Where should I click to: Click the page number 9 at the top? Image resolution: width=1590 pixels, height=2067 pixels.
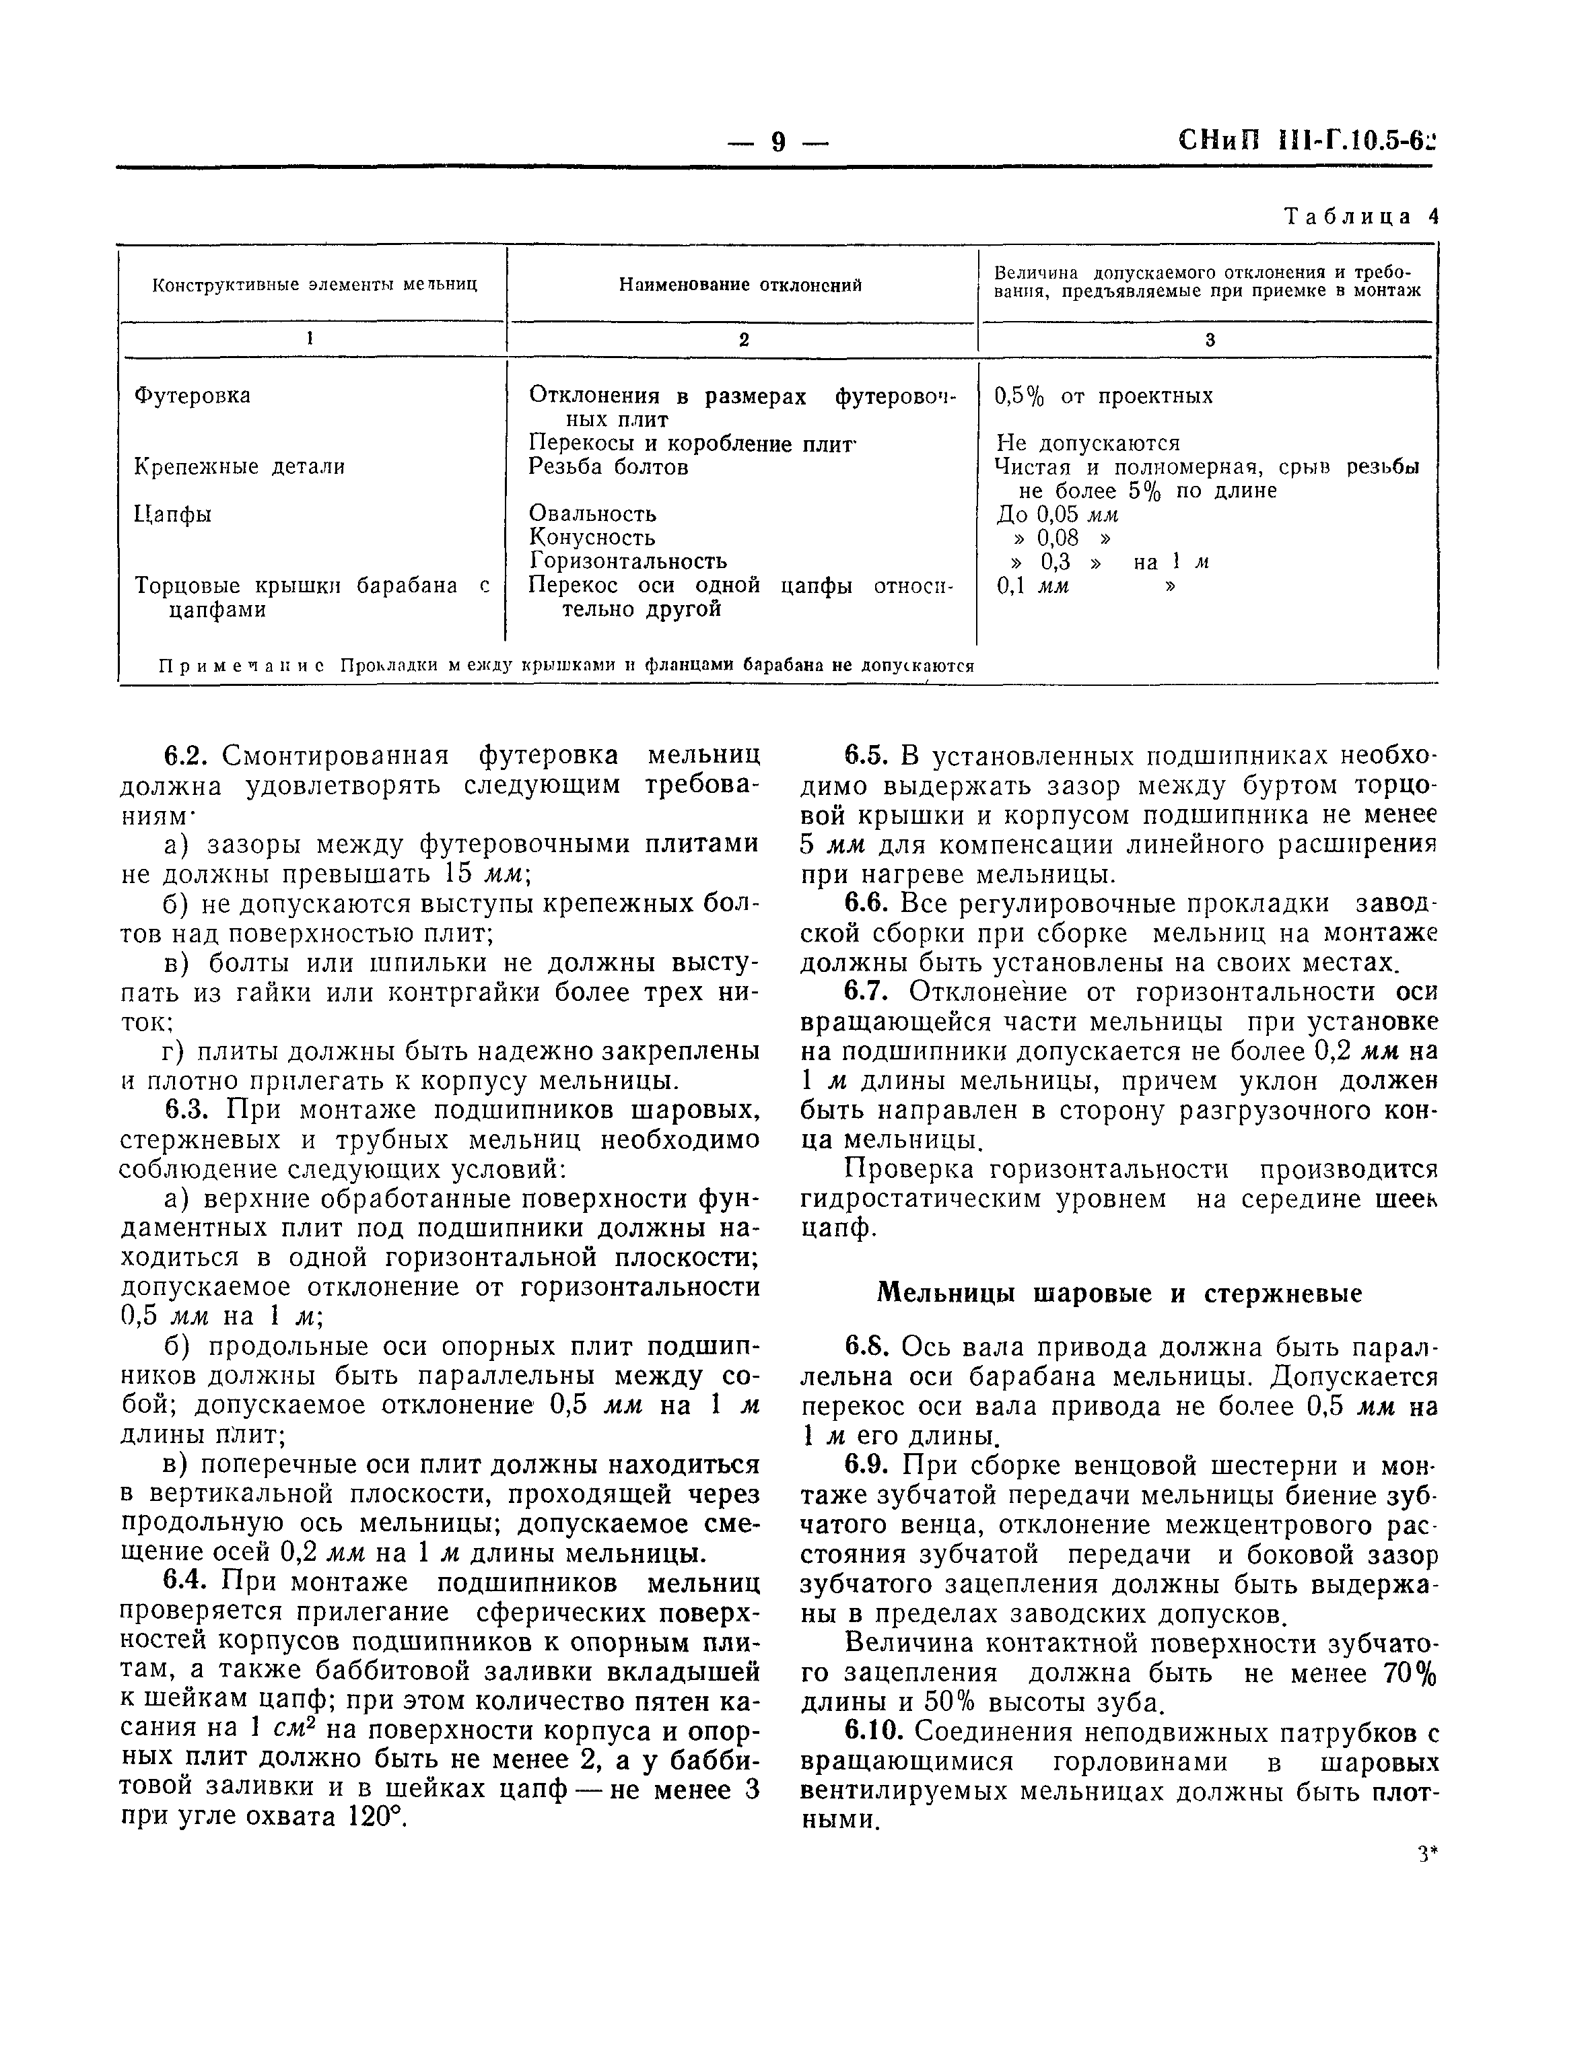coord(778,142)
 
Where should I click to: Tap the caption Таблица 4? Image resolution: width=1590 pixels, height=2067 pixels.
coord(1360,217)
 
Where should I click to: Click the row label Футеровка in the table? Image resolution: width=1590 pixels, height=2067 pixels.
coord(192,396)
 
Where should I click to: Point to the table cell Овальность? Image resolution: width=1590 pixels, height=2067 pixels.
coord(592,514)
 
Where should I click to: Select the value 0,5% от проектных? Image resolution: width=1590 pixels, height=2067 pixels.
coord(1103,396)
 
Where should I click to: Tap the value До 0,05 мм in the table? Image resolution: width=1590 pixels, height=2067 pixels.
coord(1057,515)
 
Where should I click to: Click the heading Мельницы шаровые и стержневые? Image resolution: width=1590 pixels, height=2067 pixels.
coord(1119,1293)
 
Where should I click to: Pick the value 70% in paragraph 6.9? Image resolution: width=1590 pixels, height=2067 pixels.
coord(1408,1673)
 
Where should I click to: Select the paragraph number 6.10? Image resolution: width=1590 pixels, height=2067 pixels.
coord(876,1732)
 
